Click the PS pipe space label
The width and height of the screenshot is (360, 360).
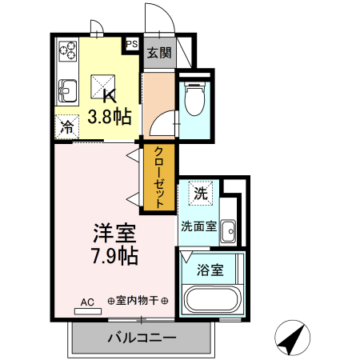tap(131, 45)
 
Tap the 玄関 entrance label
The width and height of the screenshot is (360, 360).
tap(159, 54)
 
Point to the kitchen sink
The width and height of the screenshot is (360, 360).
tap(66, 90)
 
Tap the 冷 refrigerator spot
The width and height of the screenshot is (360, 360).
tap(67, 126)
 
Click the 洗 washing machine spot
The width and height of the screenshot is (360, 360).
tap(200, 193)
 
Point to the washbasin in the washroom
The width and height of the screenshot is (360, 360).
tap(229, 230)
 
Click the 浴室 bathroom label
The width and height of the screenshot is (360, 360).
tap(210, 270)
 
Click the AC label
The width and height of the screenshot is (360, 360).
tap(87, 302)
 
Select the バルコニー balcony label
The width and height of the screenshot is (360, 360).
tap(142, 338)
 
